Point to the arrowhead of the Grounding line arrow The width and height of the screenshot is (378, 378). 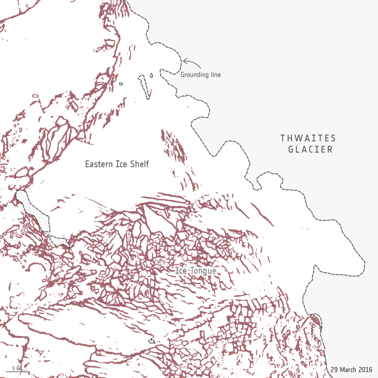pyautogui.click(x=184, y=62)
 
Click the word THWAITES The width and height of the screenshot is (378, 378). pyautogui.click(x=308, y=138)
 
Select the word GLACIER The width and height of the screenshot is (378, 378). pyautogui.click(x=310, y=150)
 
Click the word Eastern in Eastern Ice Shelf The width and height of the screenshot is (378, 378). pyautogui.click(x=98, y=164)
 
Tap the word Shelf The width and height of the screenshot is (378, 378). pyautogui.click(x=138, y=164)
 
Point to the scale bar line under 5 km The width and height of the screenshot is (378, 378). pyautogui.click(x=17, y=372)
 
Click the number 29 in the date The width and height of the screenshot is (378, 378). pyautogui.click(x=334, y=368)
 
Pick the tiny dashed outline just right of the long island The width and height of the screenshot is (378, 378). pyautogui.click(x=152, y=75)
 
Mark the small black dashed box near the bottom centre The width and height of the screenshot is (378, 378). pyautogui.click(x=152, y=341)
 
